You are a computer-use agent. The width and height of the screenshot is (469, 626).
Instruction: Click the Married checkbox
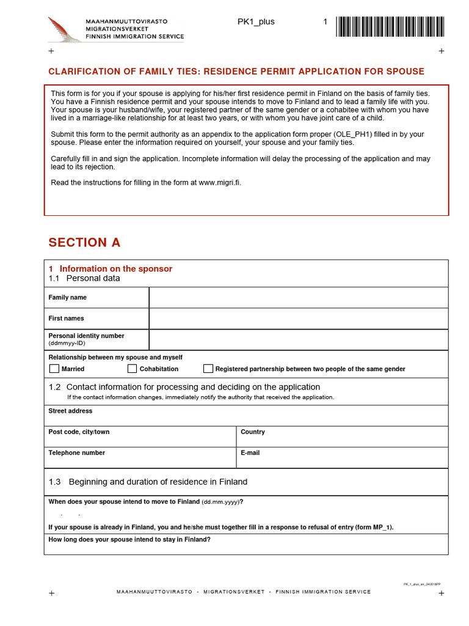coord(54,369)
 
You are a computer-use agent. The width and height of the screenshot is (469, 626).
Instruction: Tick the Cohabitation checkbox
coord(132,369)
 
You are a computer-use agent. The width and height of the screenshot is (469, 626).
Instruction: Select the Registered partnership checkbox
coord(208,369)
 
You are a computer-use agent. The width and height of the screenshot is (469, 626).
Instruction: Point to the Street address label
coord(70,411)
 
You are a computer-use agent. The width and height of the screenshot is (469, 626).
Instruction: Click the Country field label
coord(253,432)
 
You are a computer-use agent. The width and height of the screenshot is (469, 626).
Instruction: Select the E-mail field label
coord(250,453)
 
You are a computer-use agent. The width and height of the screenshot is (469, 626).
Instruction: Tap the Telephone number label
coord(76,453)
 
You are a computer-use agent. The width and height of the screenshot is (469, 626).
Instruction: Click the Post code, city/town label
coord(79,432)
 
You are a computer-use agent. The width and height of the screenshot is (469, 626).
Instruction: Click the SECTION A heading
coord(84,243)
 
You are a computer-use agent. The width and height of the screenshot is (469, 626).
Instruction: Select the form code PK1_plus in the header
coord(256,22)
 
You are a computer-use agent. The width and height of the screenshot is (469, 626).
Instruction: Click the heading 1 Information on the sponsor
coord(110,269)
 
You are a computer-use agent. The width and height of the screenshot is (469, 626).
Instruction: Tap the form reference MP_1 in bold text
coord(381,528)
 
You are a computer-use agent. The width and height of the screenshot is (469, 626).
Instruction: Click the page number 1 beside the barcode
coord(325,22)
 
